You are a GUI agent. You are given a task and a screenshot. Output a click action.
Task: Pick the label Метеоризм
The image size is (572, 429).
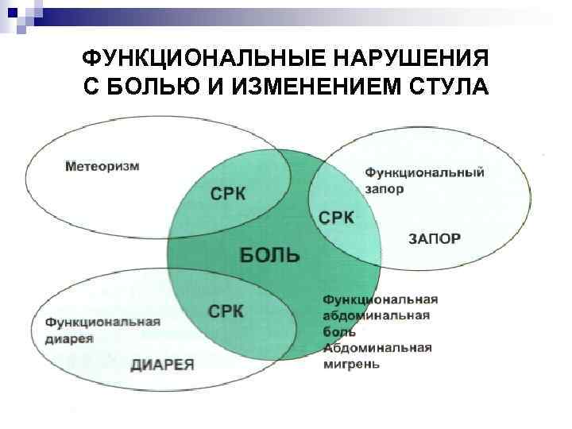pyautogui.click(x=102, y=166)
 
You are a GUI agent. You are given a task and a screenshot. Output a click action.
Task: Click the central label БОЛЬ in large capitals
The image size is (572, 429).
pyautogui.click(x=270, y=254)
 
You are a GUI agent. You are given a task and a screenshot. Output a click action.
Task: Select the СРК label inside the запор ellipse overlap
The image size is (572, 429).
pyautogui.click(x=338, y=217)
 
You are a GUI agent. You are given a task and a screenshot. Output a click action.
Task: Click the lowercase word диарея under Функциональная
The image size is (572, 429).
pyautogui.click(x=69, y=338)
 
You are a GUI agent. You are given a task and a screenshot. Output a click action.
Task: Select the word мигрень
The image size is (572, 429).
pyautogui.click(x=351, y=365)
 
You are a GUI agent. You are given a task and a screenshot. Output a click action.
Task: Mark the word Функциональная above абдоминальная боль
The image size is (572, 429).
pyautogui.click(x=381, y=300)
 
